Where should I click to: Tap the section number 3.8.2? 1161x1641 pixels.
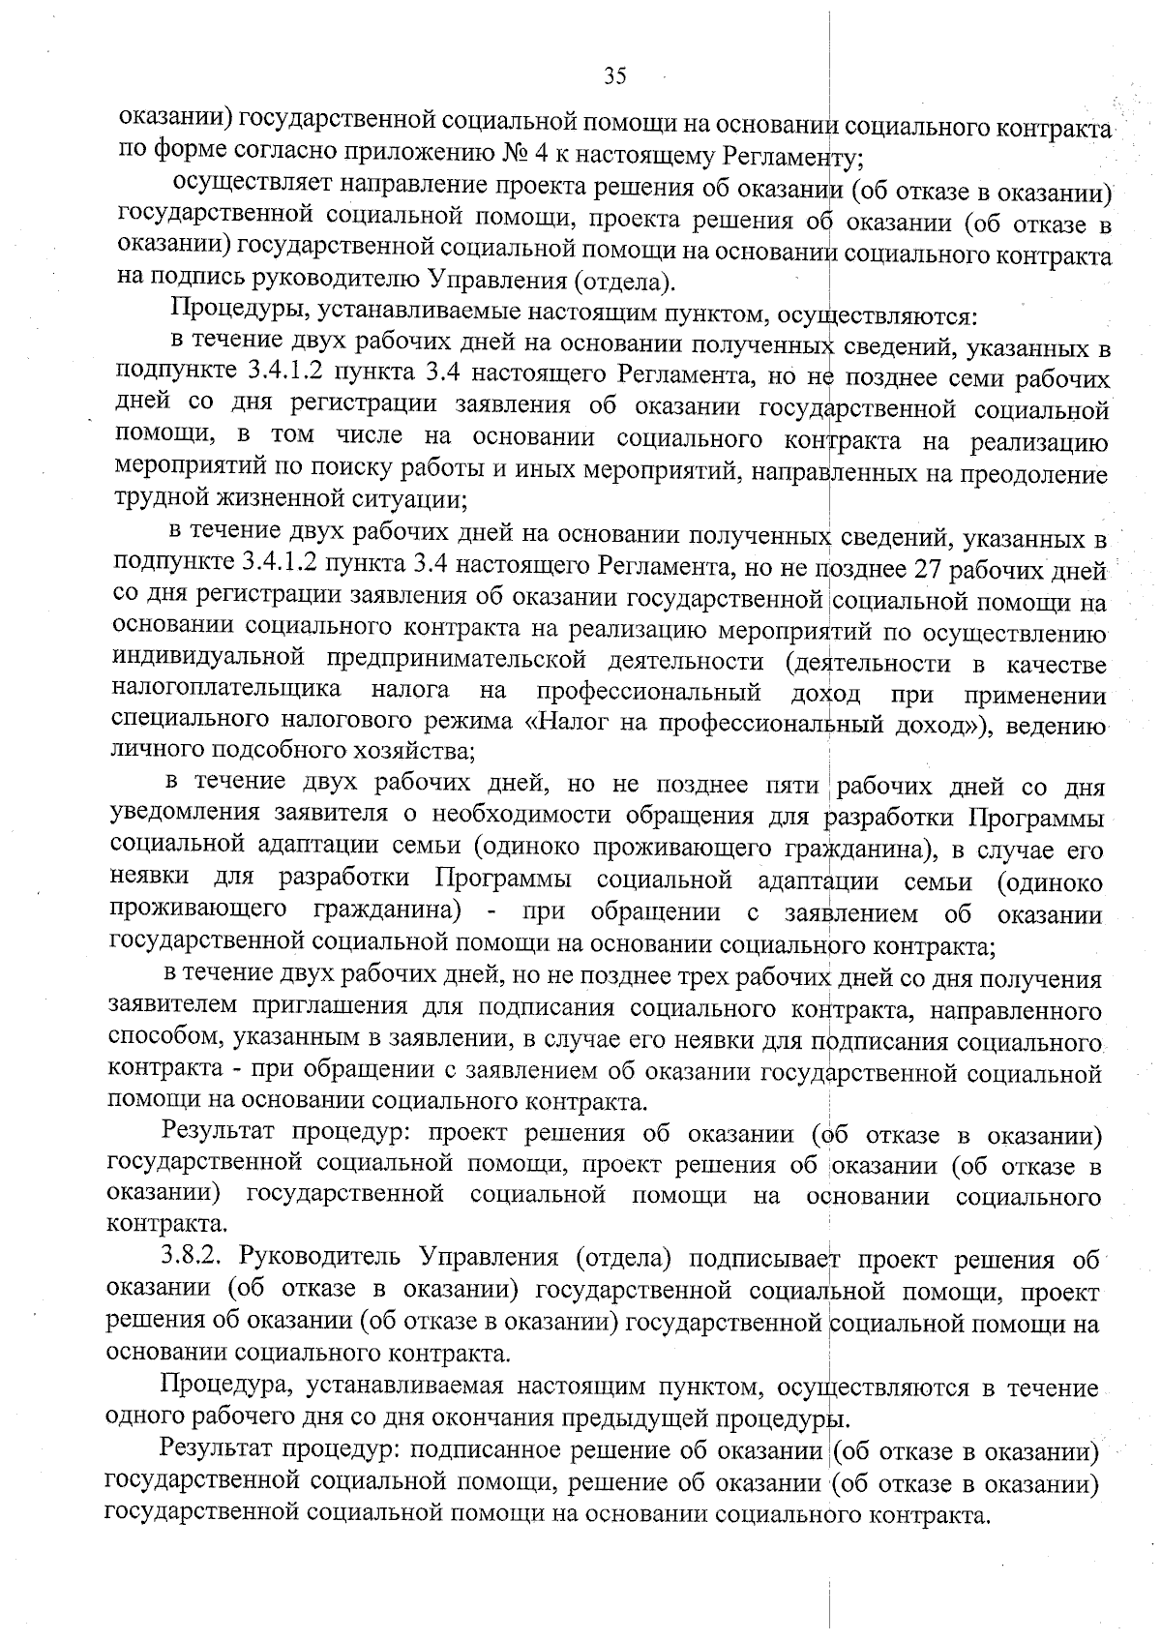(x=194, y=1260)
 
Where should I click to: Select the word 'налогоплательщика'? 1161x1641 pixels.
(x=226, y=691)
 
